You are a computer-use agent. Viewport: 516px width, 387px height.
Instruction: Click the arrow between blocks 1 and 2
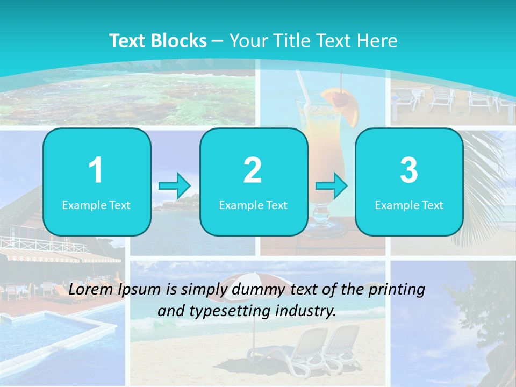coord(175,187)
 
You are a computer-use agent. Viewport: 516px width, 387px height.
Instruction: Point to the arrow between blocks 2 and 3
coord(332,187)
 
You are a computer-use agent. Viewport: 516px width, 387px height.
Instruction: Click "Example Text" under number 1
coord(96,205)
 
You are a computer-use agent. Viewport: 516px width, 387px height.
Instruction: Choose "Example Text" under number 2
coord(253,205)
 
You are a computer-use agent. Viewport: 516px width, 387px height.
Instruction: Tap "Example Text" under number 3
coord(409,205)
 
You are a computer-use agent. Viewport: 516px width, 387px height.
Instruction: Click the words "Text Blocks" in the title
coord(158,41)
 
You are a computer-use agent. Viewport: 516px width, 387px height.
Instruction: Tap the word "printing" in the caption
coord(398,290)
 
